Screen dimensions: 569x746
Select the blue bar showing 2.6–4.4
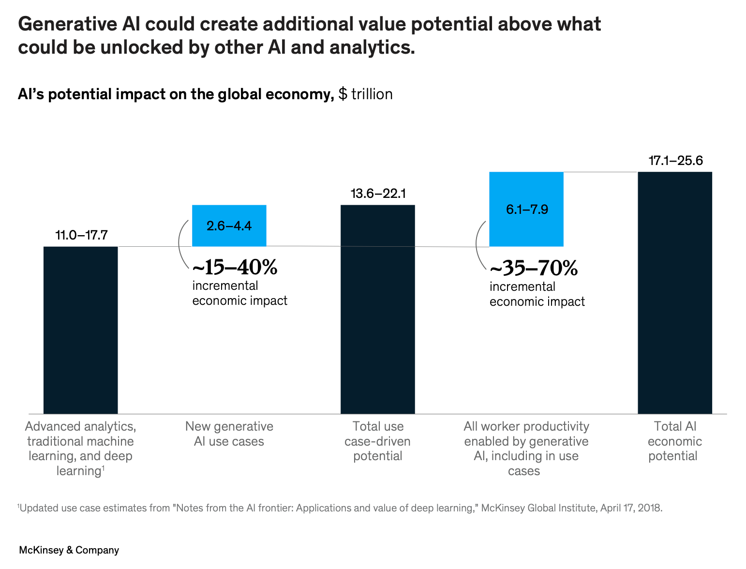tap(229, 225)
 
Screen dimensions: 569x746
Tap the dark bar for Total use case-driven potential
tap(377, 309)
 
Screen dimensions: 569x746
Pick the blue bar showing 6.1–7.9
tap(526, 209)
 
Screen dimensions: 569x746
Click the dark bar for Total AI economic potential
tap(674, 292)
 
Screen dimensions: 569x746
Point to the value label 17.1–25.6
tap(675, 161)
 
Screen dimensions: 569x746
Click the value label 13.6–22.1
tap(378, 194)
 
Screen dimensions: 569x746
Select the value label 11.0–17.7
tap(81, 236)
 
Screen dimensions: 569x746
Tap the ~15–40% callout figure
tap(235, 267)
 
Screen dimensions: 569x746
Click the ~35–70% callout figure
tap(534, 268)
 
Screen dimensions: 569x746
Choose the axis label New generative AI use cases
tap(229, 434)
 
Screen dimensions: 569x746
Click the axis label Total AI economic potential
tap(674, 441)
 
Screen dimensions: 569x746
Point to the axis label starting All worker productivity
tap(526, 448)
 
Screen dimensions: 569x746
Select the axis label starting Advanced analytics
tap(80, 448)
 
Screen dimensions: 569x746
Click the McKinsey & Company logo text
tap(69, 550)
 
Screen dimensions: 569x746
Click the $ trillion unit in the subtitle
tap(365, 94)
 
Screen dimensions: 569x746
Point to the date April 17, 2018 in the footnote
tap(631, 509)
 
